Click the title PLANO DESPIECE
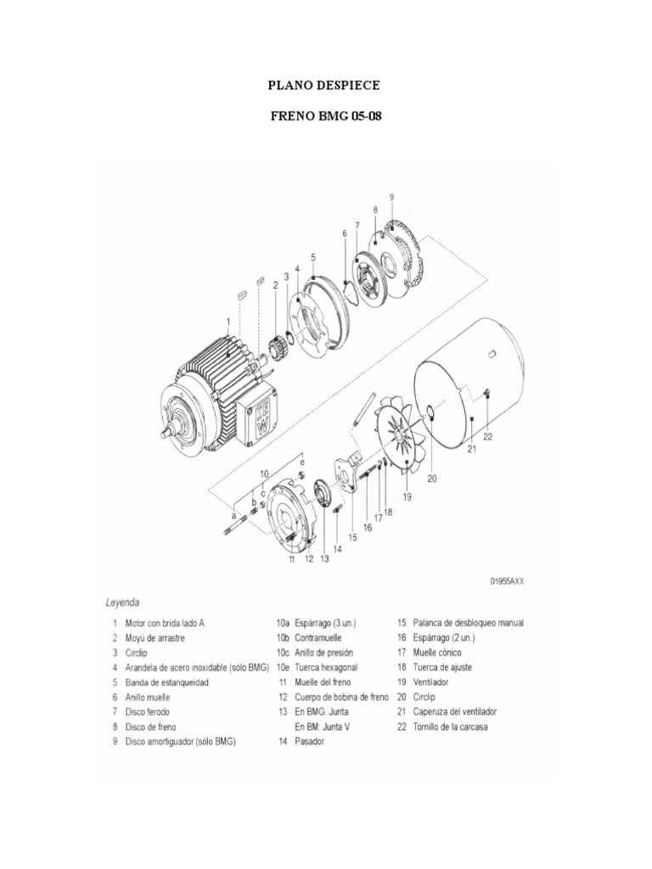pos(324,86)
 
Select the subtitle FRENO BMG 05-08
pos(324,116)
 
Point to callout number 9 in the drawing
pos(391,197)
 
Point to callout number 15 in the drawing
pos(352,537)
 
